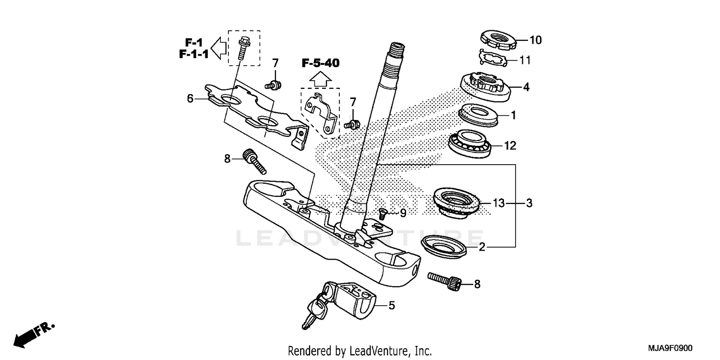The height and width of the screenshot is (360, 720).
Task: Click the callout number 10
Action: click(535, 40)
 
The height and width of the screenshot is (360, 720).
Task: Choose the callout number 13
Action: click(499, 204)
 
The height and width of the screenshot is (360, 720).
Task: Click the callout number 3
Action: click(528, 204)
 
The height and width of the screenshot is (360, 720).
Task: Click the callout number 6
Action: click(191, 99)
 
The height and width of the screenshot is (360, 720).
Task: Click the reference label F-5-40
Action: click(321, 63)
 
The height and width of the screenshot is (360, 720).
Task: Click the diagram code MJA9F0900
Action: click(670, 348)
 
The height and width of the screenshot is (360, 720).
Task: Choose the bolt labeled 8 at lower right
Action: click(446, 280)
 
